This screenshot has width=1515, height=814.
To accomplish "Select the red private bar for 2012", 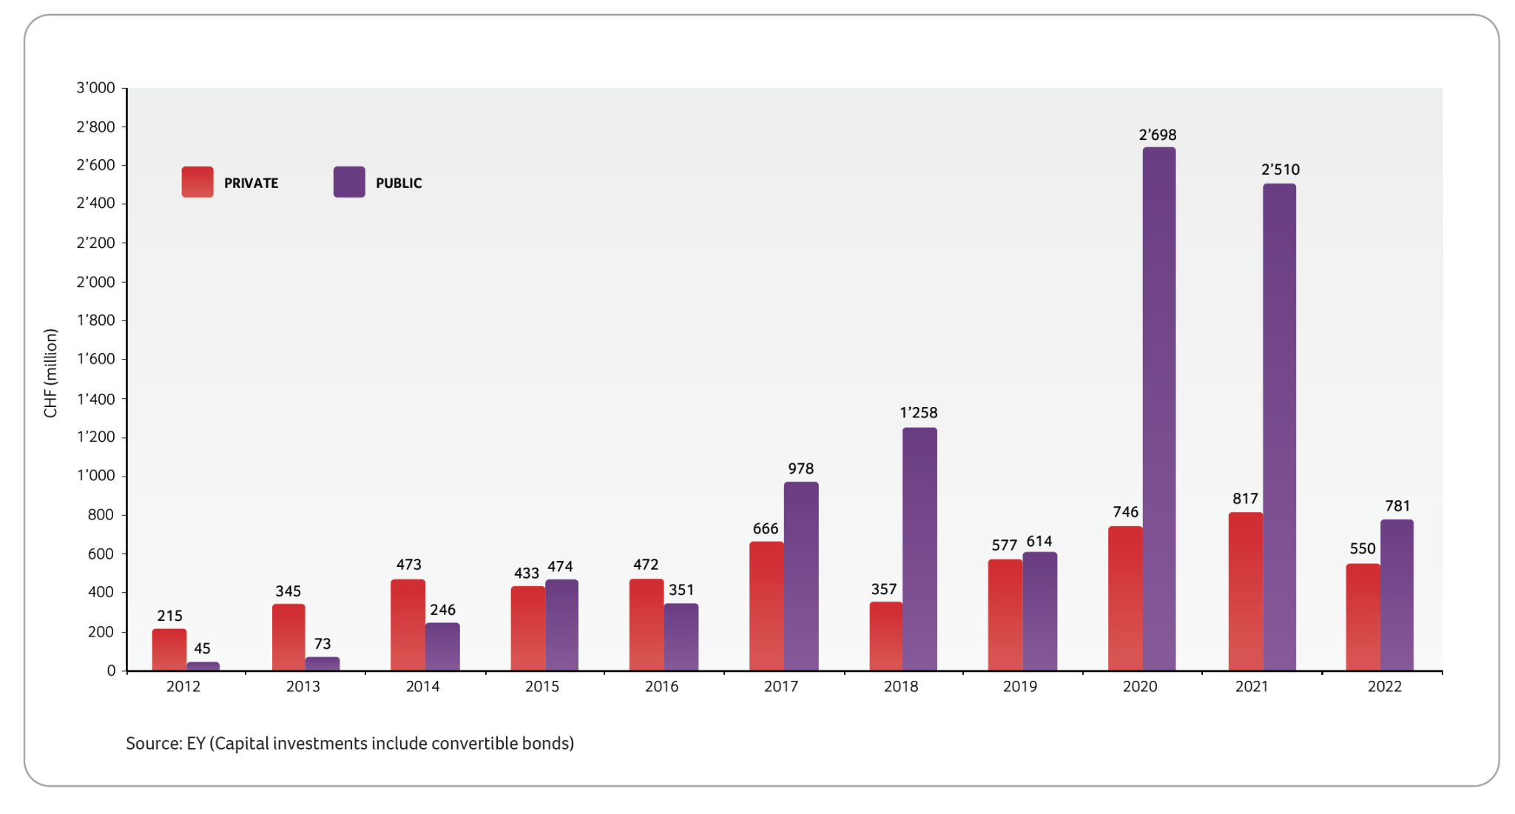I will [169, 650].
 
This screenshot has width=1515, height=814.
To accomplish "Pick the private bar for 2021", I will [1245, 591].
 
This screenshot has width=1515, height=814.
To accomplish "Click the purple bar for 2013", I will [323, 664].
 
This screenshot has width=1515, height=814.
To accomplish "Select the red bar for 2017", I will [766, 606].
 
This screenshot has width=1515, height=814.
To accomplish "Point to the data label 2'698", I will [1157, 135].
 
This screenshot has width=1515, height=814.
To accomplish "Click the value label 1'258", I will [918, 412].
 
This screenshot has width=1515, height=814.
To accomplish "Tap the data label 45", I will [202, 648].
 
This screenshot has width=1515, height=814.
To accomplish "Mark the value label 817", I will [1245, 499].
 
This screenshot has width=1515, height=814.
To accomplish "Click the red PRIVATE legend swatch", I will [198, 182].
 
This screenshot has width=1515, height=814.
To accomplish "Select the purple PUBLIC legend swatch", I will [349, 182].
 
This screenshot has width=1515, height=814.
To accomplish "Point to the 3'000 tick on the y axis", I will [96, 88].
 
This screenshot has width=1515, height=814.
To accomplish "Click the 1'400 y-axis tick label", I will [96, 399].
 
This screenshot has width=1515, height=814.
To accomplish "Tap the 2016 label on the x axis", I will [661, 687].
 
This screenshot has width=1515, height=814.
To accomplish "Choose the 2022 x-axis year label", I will [1384, 687].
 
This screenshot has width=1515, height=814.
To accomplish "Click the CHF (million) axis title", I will [50, 373].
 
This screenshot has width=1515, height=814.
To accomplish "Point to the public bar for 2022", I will [1397, 595].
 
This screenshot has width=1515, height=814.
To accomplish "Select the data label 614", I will [1039, 542].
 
